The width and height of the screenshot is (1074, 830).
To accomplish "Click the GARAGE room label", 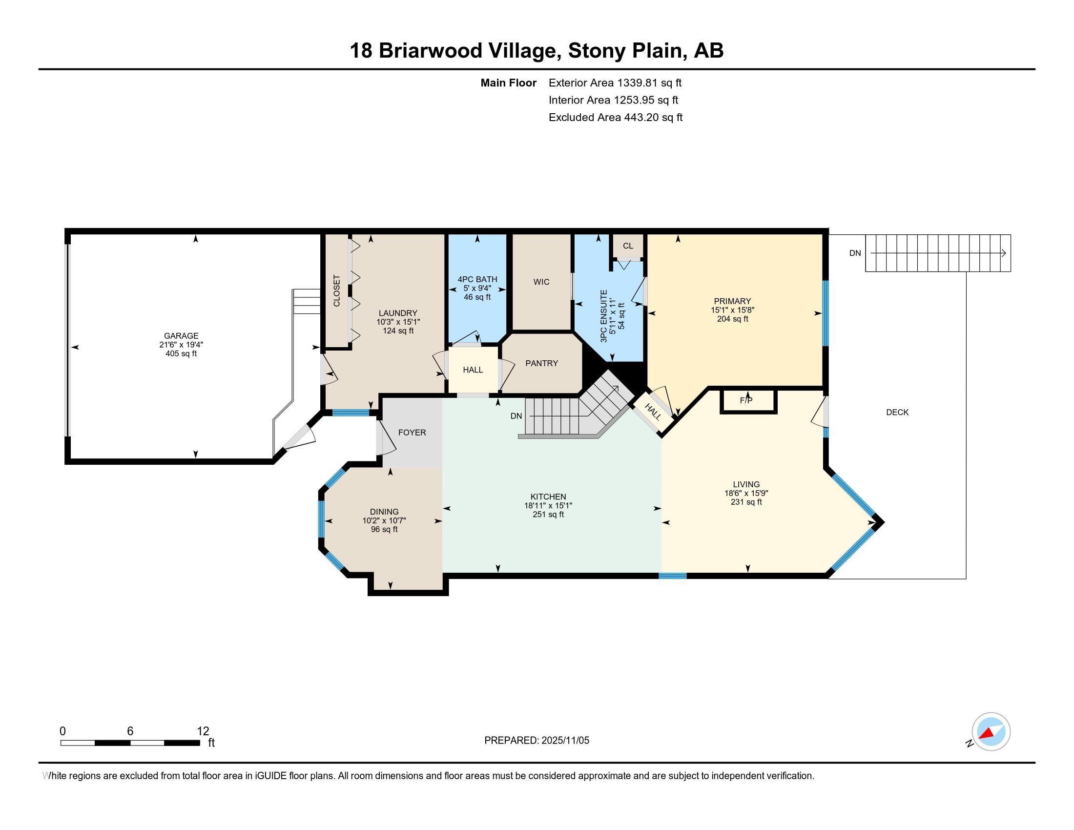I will pyautogui.click(x=181, y=336).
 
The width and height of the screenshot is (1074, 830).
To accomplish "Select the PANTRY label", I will pyautogui.click(x=541, y=363).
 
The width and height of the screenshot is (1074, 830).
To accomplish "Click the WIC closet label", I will pyautogui.click(x=541, y=282).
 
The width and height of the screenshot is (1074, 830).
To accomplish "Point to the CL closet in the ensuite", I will pyautogui.click(x=627, y=246).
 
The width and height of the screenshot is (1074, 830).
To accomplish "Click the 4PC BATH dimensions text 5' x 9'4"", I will pyautogui.click(x=477, y=288).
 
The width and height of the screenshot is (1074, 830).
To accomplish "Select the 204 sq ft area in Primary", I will pyautogui.click(x=732, y=319).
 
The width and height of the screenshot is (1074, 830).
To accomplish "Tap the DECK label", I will pyautogui.click(x=897, y=412).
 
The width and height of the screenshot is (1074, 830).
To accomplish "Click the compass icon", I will pyautogui.click(x=991, y=732).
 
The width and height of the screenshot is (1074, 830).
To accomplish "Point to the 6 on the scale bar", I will pyautogui.click(x=130, y=731).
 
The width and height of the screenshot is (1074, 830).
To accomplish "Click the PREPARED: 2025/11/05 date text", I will pyautogui.click(x=537, y=741).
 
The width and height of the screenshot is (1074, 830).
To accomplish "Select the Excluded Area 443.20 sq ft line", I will pyautogui.click(x=615, y=118).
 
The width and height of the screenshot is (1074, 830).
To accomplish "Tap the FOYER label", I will pyautogui.click(x=412, y=433).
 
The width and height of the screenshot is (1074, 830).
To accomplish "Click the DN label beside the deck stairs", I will pyautogui.click(x=855, y=253).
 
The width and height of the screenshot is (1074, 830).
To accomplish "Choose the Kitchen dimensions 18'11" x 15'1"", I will pyautogui.click(x=548, y=505).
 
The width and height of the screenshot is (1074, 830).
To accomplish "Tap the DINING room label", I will pyautogui.click(x=384, y=512).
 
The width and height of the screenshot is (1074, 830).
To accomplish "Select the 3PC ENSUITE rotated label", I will pyautogui.click(x=603, y=316).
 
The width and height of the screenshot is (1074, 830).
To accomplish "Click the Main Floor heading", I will pyautogui.click(x=508, y=83).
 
